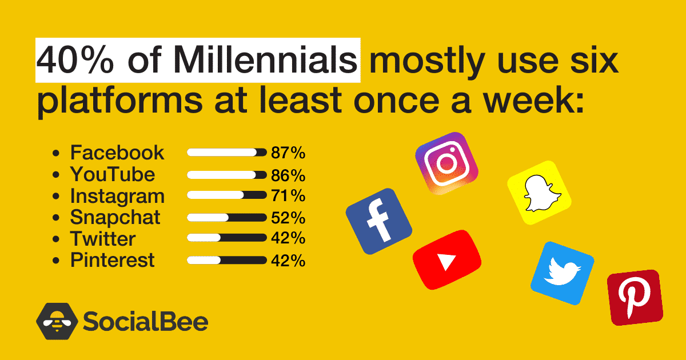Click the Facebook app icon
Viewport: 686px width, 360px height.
(379, 221)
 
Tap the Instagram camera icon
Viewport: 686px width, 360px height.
(446, 163)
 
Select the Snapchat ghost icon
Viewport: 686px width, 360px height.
(539, 193)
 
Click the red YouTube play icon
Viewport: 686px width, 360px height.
(447, 260)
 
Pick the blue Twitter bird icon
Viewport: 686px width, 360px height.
(563, 273)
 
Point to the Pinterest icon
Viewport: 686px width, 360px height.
(635, 298)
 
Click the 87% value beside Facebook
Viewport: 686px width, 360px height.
(288, 153)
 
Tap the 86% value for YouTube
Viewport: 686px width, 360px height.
(288, 175)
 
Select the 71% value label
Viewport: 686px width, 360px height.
(288, 195)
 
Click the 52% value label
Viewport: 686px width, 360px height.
(288, 218)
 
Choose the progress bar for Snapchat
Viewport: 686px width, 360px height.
(226, 218)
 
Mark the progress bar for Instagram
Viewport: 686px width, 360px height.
(226, 195)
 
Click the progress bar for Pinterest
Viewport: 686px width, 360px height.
(226, 260)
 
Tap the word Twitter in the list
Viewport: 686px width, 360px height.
(103, 239)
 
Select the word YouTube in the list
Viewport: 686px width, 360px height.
(113, 174)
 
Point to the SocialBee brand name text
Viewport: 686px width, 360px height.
(145, 321)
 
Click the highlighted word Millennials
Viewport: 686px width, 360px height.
(265, 60)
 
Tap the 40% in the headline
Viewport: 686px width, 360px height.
(75, 60)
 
